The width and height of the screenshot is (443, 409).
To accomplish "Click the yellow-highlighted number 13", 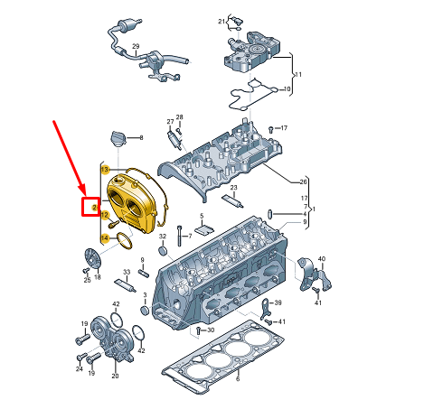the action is pyautogui.click(x=105, y=170).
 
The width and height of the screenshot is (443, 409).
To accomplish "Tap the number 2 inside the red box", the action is pyautogui.click(x=95, y=208).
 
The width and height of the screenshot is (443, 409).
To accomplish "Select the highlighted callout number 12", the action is pyautogui.click(x=105, y=215).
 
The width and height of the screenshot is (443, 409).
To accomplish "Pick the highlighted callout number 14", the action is pyautogui.click(x=105, y=238).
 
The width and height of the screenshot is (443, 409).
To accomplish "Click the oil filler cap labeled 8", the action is pyautogui.click(x=118, y=138).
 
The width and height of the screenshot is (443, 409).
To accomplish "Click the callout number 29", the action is pyautogui.click(x=136, y=47).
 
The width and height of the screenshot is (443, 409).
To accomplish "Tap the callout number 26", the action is pyautogui.click(x=303, y=181).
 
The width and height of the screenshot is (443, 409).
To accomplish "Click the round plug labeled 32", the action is pyautogui.click(x=163, y=250).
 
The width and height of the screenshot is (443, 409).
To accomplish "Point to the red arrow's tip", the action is pyautogui.click(x=86, y=194).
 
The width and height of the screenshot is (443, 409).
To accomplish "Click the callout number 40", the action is pyautogui.click(x=322, y=259).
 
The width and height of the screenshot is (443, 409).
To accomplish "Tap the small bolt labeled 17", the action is pyautogui.click(x=270, y=129).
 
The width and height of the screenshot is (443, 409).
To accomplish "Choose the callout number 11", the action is pyautogui.click(x=298, y=74).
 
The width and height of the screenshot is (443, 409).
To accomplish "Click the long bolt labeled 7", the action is pyautogui.click(x=180, y=236).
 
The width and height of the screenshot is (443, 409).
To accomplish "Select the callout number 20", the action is pyautogui.click(x=115, y=376).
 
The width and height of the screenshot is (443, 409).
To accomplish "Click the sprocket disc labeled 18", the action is pyautogui.click(x=92, y=258).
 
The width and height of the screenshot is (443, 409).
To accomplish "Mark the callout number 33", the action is pyautogui.click(x=127, y=272).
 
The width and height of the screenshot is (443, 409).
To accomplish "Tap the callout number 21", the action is pyautogui.click(x=221, y=22).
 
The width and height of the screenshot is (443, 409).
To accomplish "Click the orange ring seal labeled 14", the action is pyautogui.click(x=124, y=241).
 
